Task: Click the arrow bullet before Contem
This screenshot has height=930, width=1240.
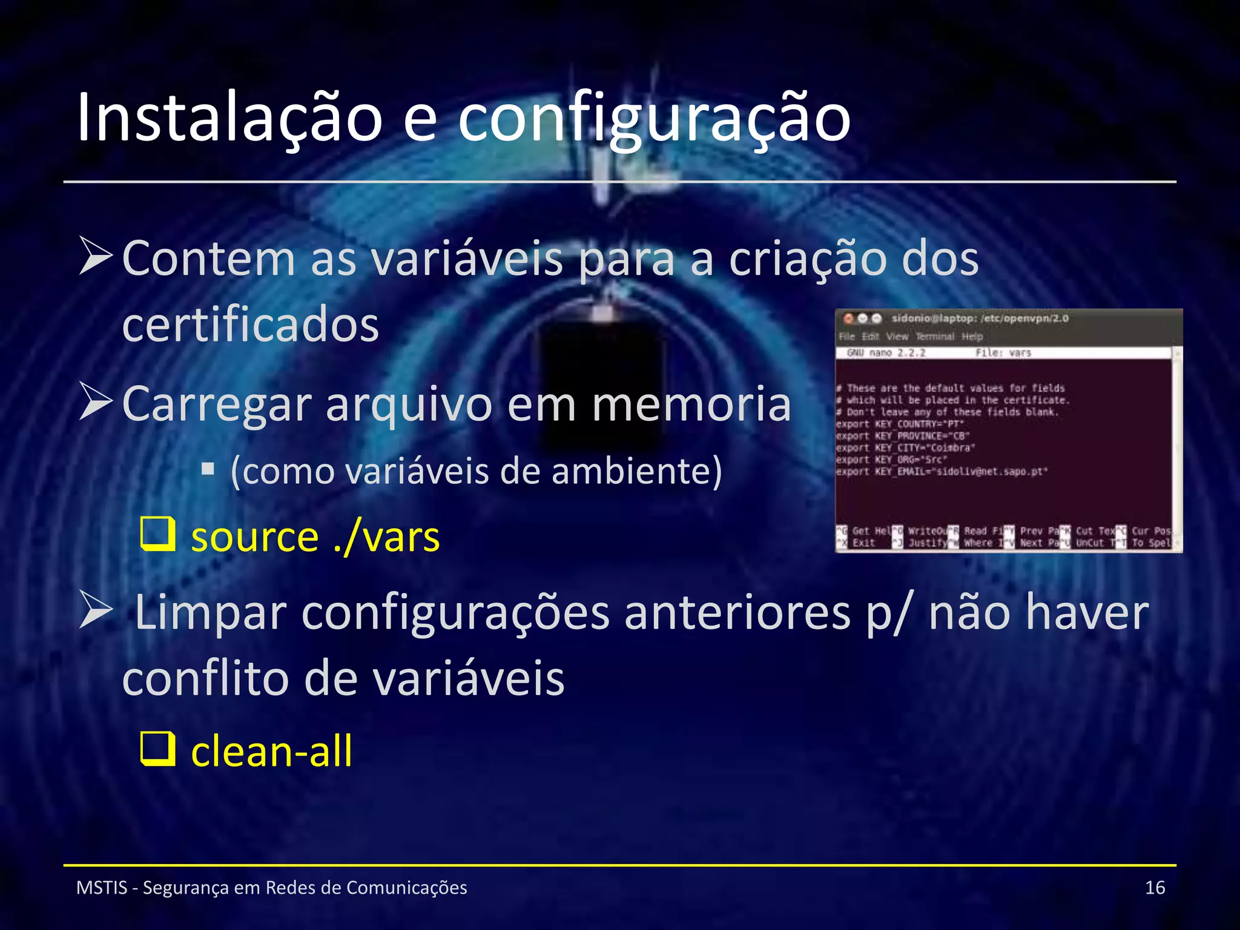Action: [x=96, y=257]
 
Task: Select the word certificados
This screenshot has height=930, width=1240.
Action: [x=251, y=324]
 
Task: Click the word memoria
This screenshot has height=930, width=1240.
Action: [x=691, y=404]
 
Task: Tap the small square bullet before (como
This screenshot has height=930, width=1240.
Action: [x=208, y=469]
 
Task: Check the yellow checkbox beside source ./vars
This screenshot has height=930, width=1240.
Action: [x=157, y=534]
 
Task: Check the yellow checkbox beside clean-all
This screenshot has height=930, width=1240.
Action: [x=157, y=749]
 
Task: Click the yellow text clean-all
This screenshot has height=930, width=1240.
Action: [x=271, y=751]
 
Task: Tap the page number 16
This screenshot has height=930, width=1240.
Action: [x=1155, y=888]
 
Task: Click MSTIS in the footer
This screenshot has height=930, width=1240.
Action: [x=102, y=888]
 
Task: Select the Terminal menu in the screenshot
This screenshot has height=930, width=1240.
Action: [x=934, y=337]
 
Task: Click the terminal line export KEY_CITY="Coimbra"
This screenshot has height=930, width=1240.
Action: [x=906, y=448]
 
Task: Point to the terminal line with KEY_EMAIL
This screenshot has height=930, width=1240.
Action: [x=942, y=472]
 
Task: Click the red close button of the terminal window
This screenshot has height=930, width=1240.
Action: [x=848, y=318]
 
